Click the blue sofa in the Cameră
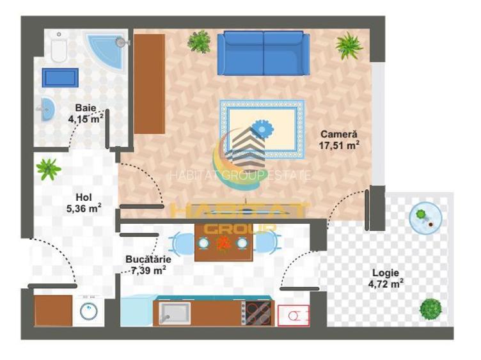coord(264,52)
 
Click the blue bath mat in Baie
coord(60,77)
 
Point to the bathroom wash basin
coord(47,109)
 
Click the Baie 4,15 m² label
coord(86,113)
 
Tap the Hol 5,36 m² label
coord(84,203)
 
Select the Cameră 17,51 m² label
coord(339,139)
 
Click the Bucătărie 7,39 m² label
coord(148,265)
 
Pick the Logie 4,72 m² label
coord(386,278)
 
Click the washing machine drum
coord(89,311)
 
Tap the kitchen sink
coord(175,313)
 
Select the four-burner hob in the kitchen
coord(258,313)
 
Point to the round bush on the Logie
coord(430,309)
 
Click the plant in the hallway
coord(49,169)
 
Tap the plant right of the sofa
coord(349,45)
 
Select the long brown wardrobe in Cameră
coord(150,84)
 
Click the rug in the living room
coord(262,129)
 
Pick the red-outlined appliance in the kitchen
coord(294,315)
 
